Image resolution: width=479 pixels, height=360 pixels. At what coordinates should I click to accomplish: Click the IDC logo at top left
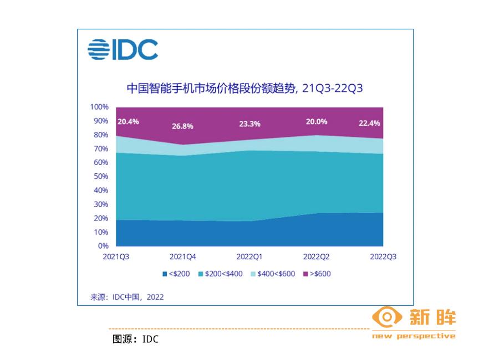tap(123, 50)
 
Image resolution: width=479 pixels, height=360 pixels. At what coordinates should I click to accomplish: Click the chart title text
tap(244, 88)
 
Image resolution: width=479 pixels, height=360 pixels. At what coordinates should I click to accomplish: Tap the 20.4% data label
tap(128, 122)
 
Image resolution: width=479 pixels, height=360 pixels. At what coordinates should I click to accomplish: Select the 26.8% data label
tap(182, 126)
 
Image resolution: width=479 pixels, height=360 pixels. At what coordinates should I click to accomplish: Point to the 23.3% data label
tap(249, 124)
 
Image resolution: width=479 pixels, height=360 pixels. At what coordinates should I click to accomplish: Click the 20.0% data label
tap(316, 122)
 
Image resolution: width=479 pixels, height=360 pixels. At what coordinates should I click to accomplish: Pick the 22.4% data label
tap(370, 123)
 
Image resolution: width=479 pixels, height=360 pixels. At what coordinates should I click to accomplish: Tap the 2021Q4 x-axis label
tap(182, 257)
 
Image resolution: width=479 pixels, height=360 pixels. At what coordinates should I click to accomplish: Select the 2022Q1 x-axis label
tap(249, 257)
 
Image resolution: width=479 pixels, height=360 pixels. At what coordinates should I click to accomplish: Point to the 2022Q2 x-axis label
tap(317, 257)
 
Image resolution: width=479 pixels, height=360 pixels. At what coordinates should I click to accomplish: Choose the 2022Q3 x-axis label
tap(383, 257)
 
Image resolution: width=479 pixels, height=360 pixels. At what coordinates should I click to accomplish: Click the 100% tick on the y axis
tap(100, 107)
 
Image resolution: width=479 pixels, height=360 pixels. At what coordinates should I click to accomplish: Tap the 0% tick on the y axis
tap(104, 246)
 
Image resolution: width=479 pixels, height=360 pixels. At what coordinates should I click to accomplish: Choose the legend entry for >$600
tap(317, 274)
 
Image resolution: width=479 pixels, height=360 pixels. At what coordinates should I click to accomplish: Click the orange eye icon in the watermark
tap(386, 318)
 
